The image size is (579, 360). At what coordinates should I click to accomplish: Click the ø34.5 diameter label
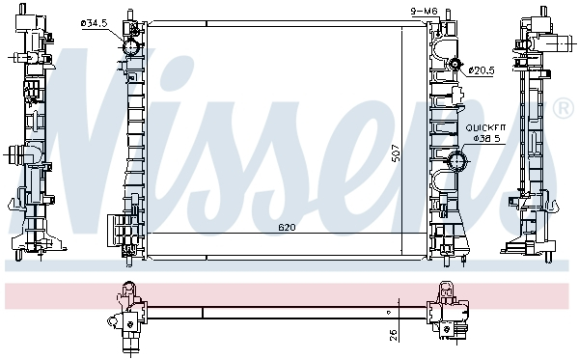[x=95, y=23]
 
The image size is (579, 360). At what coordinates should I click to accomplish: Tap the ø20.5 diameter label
[x=482, y=69]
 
